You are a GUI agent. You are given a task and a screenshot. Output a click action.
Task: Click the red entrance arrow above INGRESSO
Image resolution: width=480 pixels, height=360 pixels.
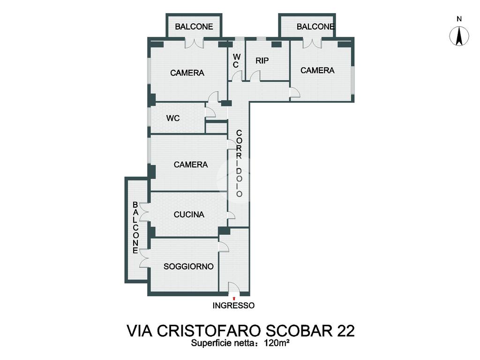pos(234,298)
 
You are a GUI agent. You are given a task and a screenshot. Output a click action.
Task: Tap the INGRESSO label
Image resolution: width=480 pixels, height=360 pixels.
pos(233,306)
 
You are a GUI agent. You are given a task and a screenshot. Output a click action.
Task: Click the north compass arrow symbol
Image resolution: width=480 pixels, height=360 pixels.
pos(459,36)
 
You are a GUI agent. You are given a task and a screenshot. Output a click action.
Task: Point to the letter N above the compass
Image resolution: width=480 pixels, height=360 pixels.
pos(459,19)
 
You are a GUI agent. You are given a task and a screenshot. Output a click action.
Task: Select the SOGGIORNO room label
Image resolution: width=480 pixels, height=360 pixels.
pos(188,267)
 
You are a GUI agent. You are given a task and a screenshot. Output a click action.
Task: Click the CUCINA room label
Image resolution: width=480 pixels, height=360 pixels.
pos(189,215)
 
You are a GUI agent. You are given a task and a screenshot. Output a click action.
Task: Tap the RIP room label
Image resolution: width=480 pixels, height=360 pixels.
pos(262,60)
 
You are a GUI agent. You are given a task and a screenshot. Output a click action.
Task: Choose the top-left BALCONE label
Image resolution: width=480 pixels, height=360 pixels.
pos(194,27)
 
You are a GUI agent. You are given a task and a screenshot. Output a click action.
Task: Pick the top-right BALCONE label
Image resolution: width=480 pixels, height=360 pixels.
pos(315,27)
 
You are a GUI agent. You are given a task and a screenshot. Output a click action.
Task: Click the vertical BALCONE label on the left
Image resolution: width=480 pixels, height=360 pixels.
pos(135,227)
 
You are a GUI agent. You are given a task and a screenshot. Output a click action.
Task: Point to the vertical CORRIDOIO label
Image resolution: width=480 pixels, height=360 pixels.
pos(239,164)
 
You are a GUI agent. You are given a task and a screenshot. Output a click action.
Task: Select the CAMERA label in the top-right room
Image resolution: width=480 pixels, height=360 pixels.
pos(317,70)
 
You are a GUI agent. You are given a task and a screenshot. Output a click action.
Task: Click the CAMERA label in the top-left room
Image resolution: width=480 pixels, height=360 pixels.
pos(187,73)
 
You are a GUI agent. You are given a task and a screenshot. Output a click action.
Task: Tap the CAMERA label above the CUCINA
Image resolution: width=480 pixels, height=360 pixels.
pos(191,165)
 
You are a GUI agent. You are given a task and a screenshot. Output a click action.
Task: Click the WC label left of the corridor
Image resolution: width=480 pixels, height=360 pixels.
pos(173,118)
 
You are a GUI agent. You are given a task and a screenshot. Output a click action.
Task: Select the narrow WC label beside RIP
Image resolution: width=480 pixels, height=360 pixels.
pos(236,60)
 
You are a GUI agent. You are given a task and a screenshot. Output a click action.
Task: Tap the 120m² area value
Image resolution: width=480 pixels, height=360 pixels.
pos(277,343)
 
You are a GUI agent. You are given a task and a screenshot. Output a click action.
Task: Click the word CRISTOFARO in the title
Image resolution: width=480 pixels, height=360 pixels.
pos(209,330)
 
